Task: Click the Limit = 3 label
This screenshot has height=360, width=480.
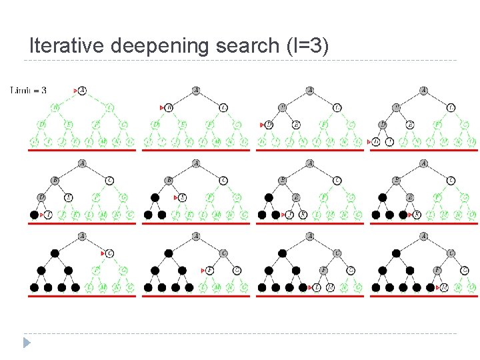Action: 29,90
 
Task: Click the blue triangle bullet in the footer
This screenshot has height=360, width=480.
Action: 27,343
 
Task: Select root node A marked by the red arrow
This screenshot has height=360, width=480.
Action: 82,90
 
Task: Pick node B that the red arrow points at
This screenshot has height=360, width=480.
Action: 169,107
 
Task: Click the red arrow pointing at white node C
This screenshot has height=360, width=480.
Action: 103,253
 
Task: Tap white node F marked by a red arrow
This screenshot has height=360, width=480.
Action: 210,270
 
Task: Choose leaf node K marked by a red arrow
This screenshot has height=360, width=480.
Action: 417,215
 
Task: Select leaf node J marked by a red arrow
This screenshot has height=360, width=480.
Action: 289,215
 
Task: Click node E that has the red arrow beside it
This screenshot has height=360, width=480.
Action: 183,197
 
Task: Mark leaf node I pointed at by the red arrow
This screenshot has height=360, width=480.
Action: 48,215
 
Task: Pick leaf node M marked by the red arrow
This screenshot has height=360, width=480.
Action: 443,287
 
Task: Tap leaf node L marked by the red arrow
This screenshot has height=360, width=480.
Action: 317,287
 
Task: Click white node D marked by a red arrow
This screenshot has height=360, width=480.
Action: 269,125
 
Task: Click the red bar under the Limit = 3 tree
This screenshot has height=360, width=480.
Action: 81,151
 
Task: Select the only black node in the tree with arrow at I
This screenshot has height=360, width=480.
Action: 34,215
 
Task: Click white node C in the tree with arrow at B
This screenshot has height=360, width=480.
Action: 223,107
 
